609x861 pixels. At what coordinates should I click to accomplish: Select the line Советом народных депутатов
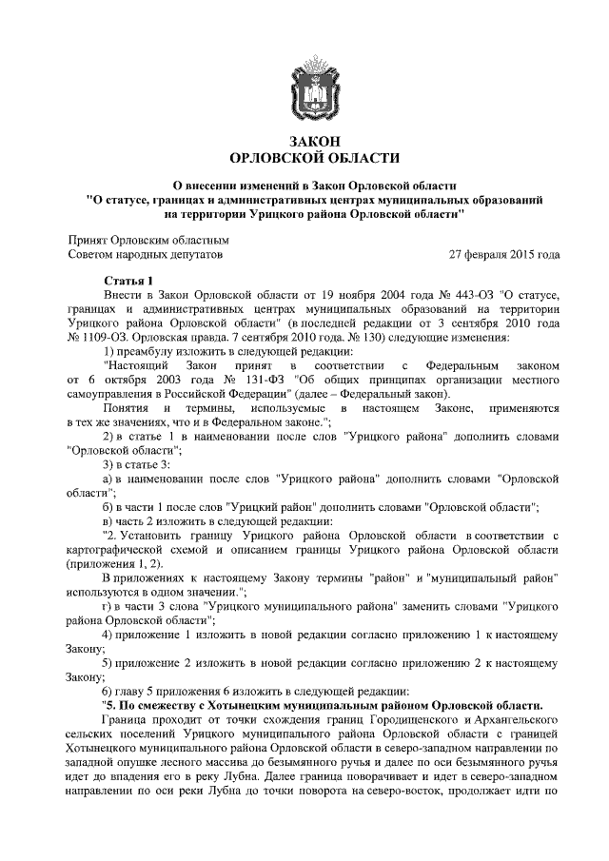click(146, 256)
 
